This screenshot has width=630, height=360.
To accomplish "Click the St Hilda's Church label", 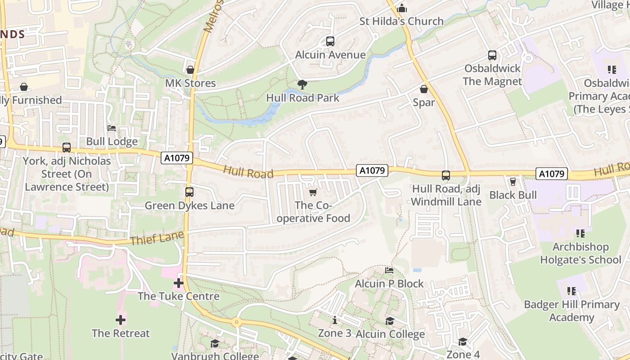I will (x=401, y=21).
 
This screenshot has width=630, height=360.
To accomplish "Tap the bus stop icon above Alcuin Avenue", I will (x=330, y=41).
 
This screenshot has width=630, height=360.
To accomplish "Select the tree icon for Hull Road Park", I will (x=302, y=84).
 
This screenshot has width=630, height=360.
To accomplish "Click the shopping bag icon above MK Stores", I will (x=190, y=70).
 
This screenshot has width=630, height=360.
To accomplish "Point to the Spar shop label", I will (x=424, y=103).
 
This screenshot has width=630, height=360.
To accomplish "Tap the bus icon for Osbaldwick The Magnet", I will (x=492, y=55).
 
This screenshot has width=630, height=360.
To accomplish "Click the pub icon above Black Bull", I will (x=513, y=181).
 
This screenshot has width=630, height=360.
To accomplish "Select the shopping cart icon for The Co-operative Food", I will (x=313, y=192).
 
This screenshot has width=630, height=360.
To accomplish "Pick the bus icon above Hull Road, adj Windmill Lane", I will (x=446, y=175).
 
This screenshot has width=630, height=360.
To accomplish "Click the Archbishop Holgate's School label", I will (x=580, y=253).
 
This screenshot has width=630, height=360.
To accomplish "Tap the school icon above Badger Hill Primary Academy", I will (x=571, y=291).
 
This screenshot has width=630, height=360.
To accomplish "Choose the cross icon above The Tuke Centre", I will (x=179, y=283).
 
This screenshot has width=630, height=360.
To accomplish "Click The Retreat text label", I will (x=121, y=333).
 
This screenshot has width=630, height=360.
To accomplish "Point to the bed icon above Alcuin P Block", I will (x=389, y=270).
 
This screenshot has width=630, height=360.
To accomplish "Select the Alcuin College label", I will (x=390, y=334).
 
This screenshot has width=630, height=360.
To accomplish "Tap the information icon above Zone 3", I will (x=335, y=320).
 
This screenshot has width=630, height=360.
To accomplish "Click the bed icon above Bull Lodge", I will (x=112, y=129).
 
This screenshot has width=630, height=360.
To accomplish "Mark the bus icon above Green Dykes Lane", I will (x=189, y=192).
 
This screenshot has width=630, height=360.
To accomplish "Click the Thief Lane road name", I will (x=157, y=238).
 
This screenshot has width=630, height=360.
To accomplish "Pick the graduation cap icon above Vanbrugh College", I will (x=215, y=344).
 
